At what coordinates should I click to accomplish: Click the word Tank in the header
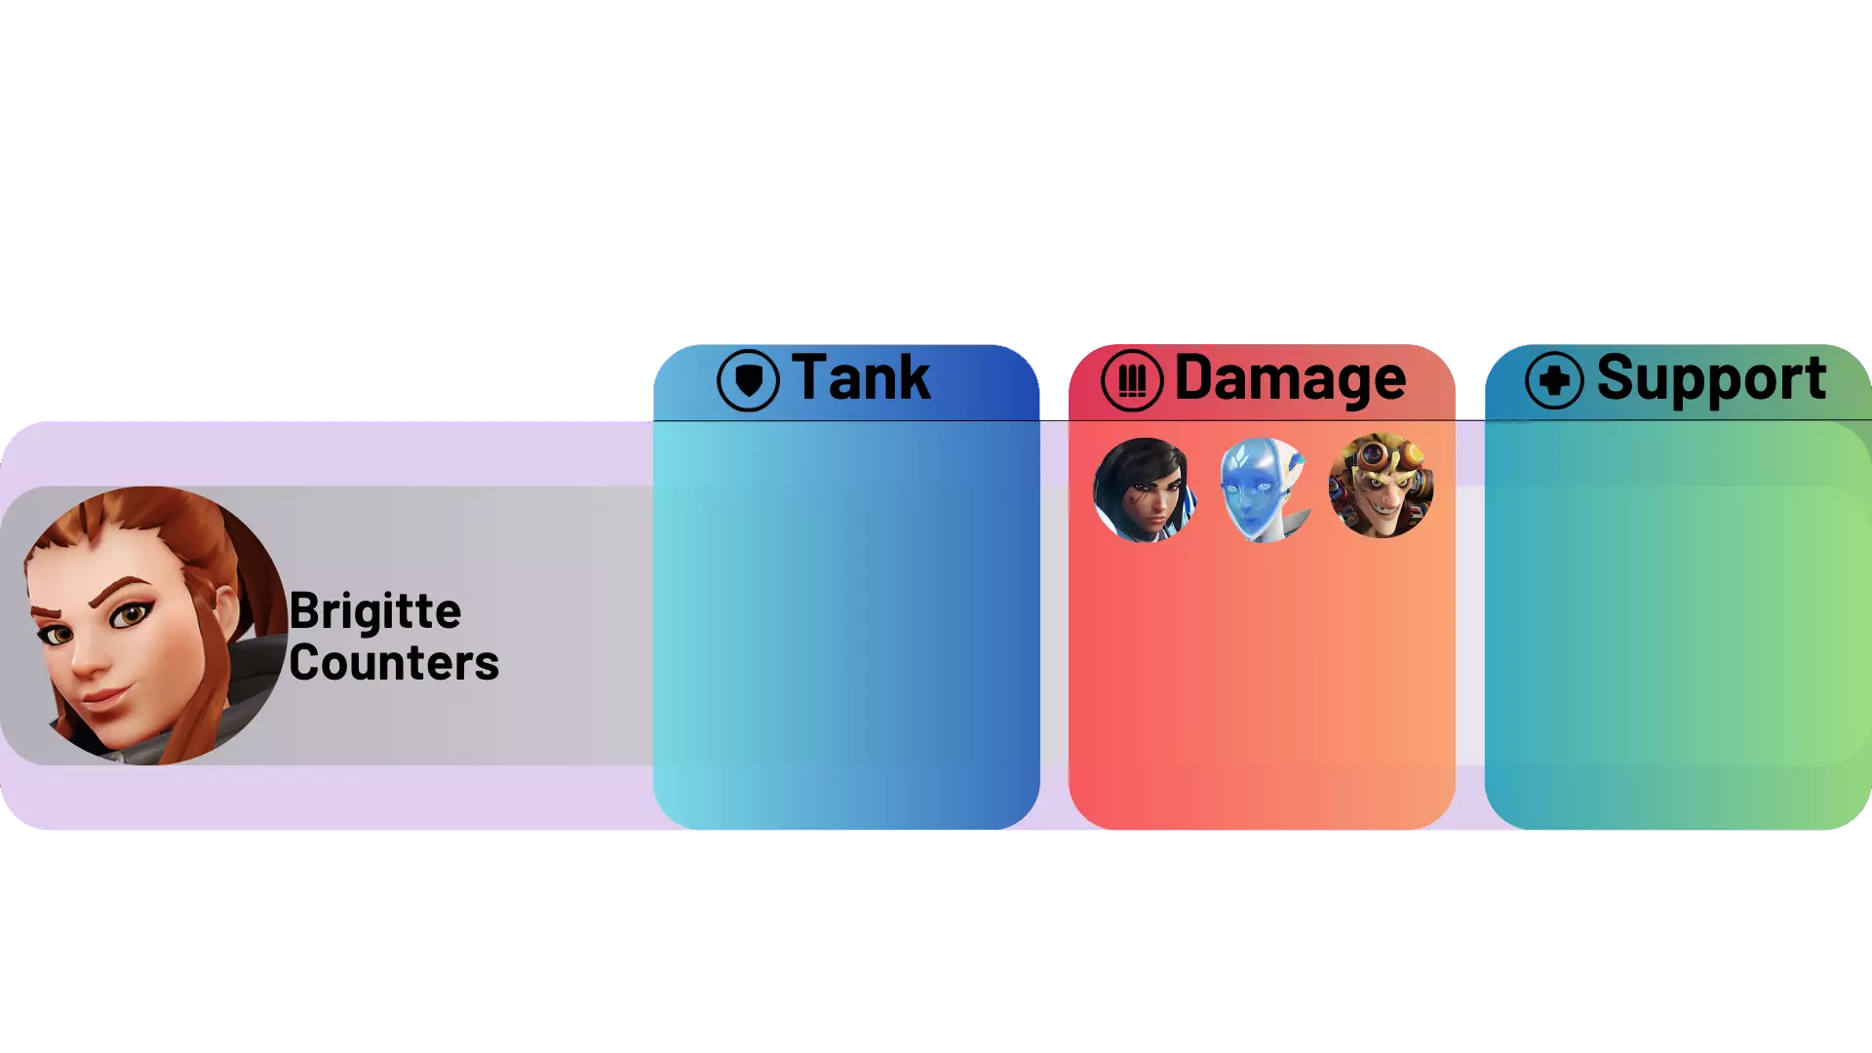coord(861,377)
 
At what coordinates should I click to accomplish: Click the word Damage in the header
coord(1290,378)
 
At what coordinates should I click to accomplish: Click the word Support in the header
coord(1711,378)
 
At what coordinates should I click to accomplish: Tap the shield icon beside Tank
coord(748,380)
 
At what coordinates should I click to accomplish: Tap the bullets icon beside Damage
coord(1132,380)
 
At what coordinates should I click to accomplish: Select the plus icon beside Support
coord(1554,380)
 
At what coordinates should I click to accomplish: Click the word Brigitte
coord(375,612)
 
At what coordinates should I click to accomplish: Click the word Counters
coord(394,663)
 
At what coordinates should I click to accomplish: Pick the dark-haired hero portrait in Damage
coord(1145,489)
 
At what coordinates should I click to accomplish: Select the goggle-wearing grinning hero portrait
coord(1381,486)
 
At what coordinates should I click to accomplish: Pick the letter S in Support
coord(1615,377)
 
